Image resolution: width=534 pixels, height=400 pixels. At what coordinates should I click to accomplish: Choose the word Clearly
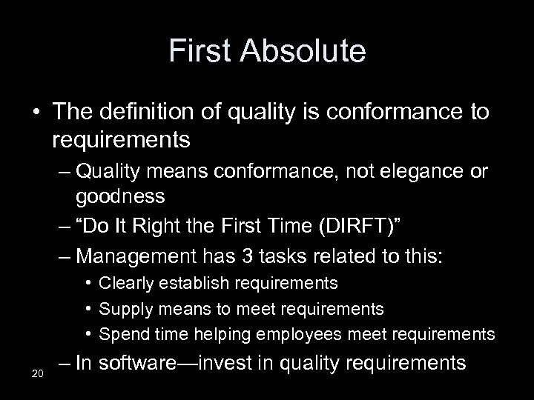click(126, 283)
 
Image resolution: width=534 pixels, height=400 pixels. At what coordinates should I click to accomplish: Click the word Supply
click(123, 308)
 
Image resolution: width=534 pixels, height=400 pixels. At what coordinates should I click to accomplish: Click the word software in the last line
click(154, 363)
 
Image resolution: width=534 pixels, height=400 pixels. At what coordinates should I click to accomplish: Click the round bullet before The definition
click(36, 113)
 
